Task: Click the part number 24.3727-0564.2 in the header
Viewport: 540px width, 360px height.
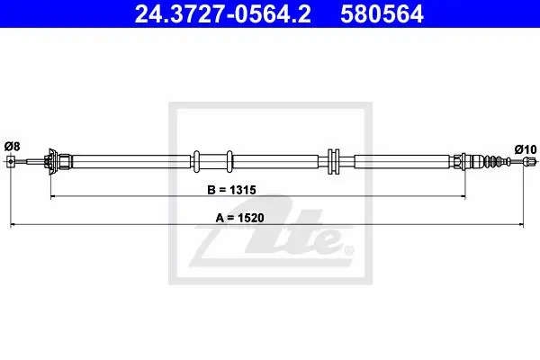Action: point(223,14)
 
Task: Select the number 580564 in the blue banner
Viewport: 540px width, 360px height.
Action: point(382,14)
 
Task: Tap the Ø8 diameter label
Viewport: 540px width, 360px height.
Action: point(12,147)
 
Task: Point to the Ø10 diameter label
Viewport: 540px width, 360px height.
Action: point(526,149)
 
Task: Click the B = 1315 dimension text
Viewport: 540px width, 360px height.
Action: point(231,190)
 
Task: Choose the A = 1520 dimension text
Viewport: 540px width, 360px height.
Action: point(239,218)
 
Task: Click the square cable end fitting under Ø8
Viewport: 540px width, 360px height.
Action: point(11,161)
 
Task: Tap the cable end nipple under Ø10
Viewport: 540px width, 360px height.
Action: point(530,161)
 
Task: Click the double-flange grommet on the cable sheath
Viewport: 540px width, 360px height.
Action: point(333,161)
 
